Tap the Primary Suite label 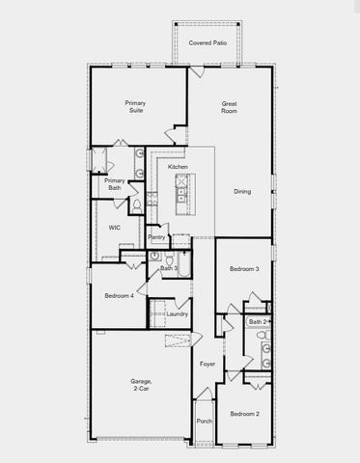[x=134, y=106]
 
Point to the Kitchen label [x=178, y=167]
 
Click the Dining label [x=241, y=191]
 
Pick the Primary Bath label [x=114, y=183]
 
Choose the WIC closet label [x=114, y=228]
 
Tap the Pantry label [x=156, y=236]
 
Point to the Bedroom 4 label [x=119, y=295]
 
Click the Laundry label [x=176, y=313]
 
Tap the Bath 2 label [x=256, y=321]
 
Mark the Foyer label [x=208, y=364]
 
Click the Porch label [x=204, y=421]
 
